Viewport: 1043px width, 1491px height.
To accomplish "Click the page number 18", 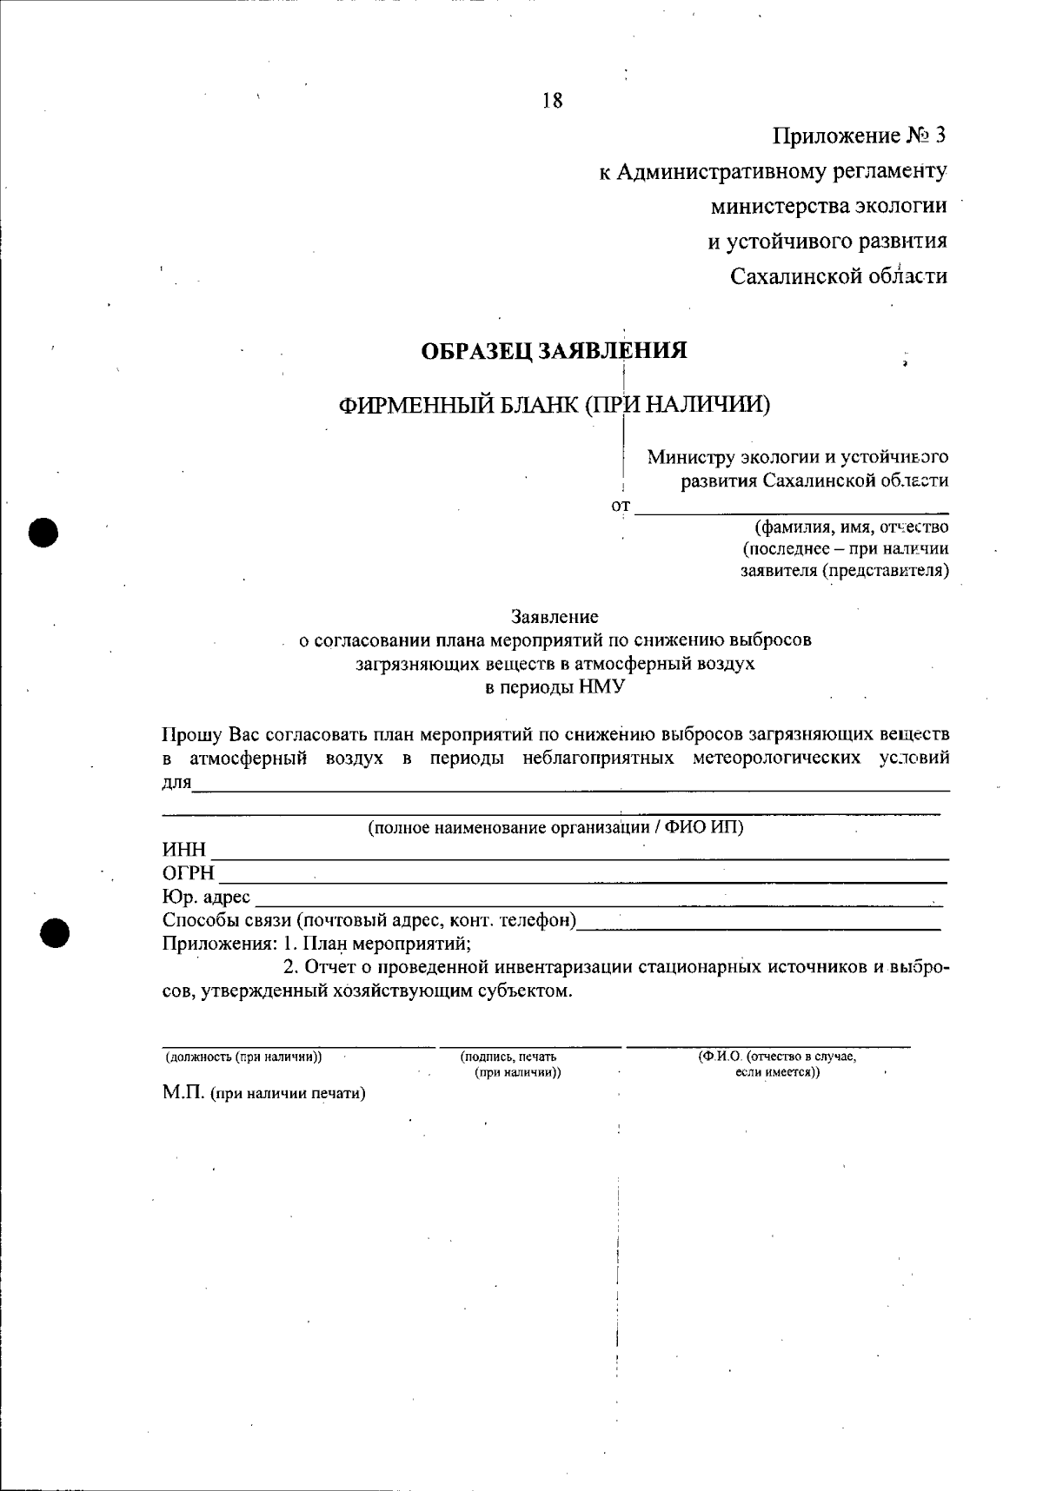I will pyautogui.click(x=553, y=101).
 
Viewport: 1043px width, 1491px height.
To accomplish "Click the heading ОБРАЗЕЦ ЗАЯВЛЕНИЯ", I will pyautogui.click(x=554, y=351).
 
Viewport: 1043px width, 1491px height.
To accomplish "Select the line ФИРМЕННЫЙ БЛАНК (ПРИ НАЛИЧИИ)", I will pyautogui.click(x=555, y=404).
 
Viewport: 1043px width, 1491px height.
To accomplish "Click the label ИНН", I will pyautogui.click(x=184, y=850).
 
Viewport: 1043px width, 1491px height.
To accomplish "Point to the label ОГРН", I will pyautogui.click(x=188, y=873).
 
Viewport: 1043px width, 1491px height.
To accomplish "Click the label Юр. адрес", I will pyautogui.click(x=206, y=897).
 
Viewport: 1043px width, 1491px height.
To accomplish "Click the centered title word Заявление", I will pyautogui.click(x=555, y=617).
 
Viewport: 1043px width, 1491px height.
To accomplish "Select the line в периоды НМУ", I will pyautogui.click(x=555, y=687).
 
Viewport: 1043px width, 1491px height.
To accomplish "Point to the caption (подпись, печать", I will pyautogui.click(x=508, y=1057).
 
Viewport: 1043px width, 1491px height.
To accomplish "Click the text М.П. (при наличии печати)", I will pyautogui.click(x=263, y=1093).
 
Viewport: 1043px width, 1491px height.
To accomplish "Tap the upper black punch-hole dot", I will pyautogui.click(x=43, y=531).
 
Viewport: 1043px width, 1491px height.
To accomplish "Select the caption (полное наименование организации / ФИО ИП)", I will pyautogui.click(x=555, y=827).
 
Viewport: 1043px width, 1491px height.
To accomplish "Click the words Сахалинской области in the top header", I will pyautogui.click(x=838, y=276).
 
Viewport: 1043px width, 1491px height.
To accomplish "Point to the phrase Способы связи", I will pyautogui.click(x=227, y=920).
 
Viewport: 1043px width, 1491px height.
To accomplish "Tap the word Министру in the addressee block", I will pyautogui.click(x=691, y=457).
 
